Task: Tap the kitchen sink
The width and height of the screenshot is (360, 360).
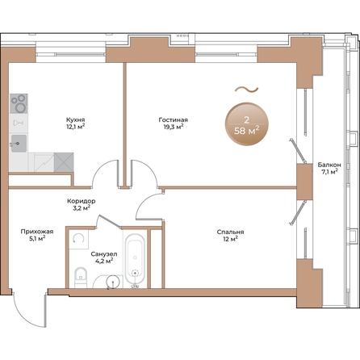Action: pyautogui.click(x=19, y=145)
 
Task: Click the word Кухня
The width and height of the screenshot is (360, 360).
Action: pyautogui.click(x=76, y=119)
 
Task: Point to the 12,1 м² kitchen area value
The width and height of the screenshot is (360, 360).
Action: pyautogui.click(x=76, y=127)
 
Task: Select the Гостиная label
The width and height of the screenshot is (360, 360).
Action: pyautogui.click(x=173, y=119)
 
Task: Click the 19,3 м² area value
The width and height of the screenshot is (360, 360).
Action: pyautogui.click(x=173, y=127)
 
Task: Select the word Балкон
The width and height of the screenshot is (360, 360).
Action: pyautogui.click(x=329, y=165)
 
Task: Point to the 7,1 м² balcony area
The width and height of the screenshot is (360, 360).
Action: pyautogui.click(x=329, y=173)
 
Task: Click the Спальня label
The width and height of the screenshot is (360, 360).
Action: pyautogui.click(x=230, y=231)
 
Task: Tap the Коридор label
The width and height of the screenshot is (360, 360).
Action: pyautogui.click(x=81, y=200)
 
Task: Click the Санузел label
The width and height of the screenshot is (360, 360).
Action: pyautogui.click(x=105, y=253)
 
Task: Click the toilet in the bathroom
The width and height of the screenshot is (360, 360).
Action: pyautogui.click(x=78, y=275)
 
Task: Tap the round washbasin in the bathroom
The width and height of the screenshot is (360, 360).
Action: pyautogui.click(x=111, y=280)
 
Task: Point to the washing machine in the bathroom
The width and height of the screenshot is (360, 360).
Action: pyautogui.click(x=78, y=241)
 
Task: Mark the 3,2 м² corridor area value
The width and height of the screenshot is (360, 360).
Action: pyautogui.click(x=81, y=208)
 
